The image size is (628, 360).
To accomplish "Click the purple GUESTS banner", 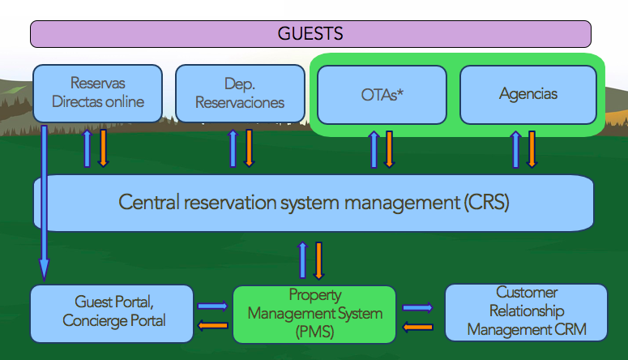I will [x=310, y=34].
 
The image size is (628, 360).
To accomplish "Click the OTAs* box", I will [x=382, y=94].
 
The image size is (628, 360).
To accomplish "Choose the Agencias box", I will [x=528, y=94].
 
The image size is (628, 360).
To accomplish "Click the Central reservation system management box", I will [x=313, y=202].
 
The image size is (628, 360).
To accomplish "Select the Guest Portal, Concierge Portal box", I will [x=112, y=312].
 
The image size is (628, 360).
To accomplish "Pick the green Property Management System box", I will [x=314, y=312].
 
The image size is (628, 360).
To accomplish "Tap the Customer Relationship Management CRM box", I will [x=526, y=312].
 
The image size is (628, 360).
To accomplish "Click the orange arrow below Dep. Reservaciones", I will [x=249, y=148].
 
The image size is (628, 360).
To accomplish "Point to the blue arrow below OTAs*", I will [x=374, y=150].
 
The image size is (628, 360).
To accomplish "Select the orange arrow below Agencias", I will [x=532, y=149].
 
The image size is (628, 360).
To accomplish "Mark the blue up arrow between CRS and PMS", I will [x=303, y=259].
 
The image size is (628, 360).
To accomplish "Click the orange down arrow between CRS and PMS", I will [x=318, y=259].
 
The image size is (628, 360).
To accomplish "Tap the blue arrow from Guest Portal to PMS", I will [x=213, y=306].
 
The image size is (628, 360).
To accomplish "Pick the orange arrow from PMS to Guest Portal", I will [x=213, y=325].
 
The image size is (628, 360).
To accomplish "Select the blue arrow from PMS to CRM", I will [x=418, y=307].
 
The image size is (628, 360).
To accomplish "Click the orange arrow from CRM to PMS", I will [x=418, y=327].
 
